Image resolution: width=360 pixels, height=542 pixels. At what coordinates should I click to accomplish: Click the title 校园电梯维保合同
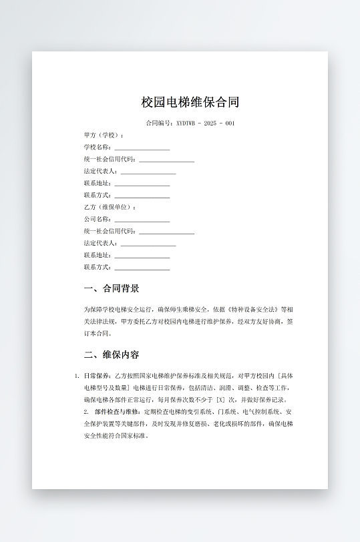coord(190,103)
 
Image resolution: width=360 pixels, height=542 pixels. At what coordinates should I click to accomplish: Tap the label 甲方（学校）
coord(104,135)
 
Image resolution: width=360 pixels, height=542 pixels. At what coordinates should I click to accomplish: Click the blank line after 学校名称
coord(142,148)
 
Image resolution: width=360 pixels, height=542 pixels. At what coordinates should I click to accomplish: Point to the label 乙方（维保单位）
coord(110,208)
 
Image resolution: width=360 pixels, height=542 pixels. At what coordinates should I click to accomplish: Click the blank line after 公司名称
coord(142,220)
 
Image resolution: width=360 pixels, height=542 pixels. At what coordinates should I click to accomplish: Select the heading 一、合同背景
coord(112,289)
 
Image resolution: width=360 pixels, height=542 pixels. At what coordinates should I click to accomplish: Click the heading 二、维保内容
coord(112,354)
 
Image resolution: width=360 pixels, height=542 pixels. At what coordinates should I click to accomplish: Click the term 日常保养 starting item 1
coord(96,376)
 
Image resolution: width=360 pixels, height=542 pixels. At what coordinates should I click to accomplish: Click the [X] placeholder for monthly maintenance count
coord(221,400)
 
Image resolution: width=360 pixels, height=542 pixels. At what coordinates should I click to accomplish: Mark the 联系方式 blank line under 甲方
coord(142,196)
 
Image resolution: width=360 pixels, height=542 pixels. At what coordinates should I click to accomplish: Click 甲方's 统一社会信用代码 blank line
coord(166,160)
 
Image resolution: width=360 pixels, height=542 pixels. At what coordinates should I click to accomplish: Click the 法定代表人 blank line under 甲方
coord(148,172)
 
